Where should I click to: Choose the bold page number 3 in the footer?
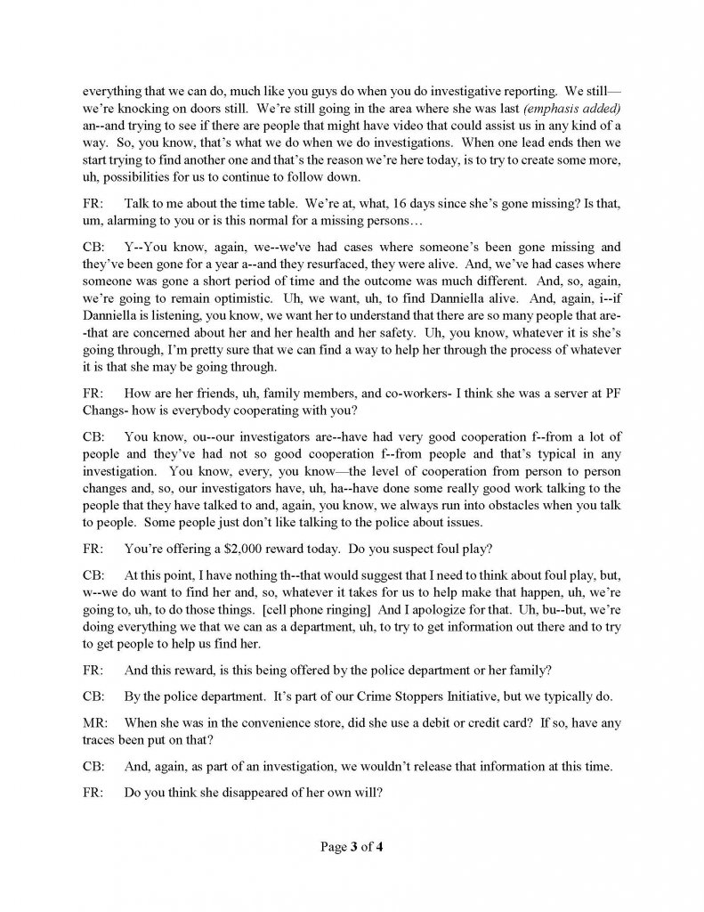[351, 847]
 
